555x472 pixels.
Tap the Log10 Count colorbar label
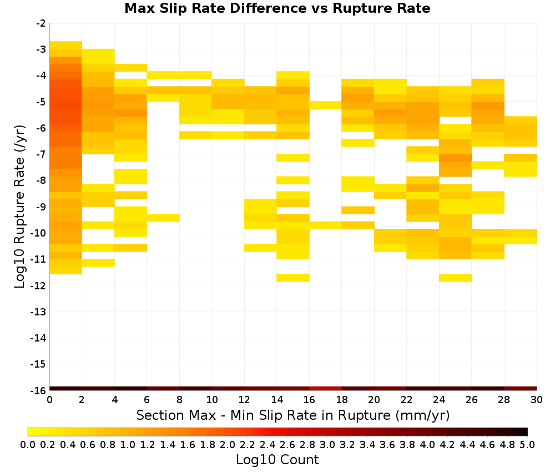point(277,460)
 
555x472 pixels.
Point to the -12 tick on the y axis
point(38,285)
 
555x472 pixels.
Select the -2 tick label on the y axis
point(41,23)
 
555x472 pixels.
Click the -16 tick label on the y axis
point(38,390)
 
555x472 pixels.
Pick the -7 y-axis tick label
point(41,154)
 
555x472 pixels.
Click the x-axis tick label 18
point(341,400)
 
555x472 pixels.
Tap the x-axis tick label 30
point(537,400)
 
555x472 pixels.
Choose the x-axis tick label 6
point(147,400)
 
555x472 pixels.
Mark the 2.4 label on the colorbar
point(268,444)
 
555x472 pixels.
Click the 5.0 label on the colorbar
point(527,444)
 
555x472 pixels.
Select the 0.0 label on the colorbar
point(28,444)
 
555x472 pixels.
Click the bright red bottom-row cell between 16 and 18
point(325,389)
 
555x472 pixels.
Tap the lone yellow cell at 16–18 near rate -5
point(325,105)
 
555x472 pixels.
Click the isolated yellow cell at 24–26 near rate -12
point(455,278)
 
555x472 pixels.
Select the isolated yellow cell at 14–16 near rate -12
point(293,278)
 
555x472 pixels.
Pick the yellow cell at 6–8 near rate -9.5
point(163,218)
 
